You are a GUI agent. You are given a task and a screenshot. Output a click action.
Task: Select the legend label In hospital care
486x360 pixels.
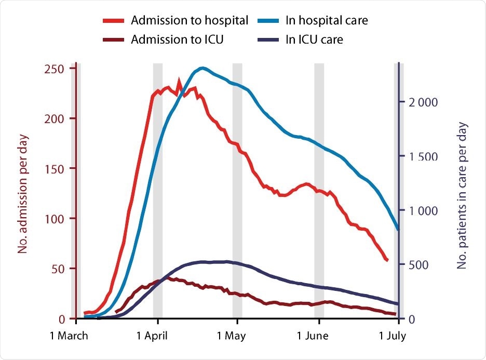pos(327,21)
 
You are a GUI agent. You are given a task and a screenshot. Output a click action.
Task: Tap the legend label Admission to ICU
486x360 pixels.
pos(178,39)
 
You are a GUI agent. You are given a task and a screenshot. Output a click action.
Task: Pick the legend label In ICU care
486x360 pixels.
pos(314,39)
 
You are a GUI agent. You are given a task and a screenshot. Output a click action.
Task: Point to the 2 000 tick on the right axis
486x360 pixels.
pos(423,102)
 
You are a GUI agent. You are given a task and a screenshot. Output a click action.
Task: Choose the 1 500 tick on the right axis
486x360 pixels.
pos(423,156)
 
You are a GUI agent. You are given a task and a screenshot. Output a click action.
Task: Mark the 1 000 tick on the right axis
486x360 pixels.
pos(423,210)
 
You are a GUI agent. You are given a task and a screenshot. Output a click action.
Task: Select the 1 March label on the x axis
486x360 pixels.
pos(68,336)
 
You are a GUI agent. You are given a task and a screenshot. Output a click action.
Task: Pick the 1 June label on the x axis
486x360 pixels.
pos(312,336)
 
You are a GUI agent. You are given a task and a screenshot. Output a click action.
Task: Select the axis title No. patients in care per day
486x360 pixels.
pos(463,196)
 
